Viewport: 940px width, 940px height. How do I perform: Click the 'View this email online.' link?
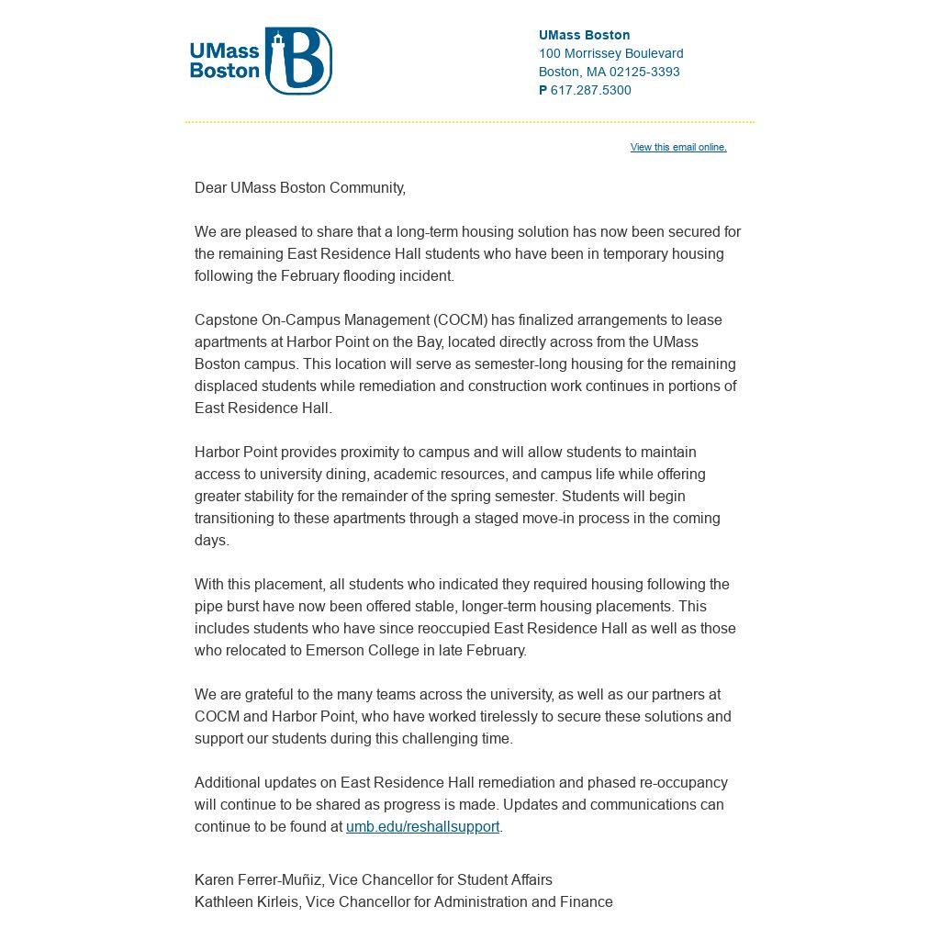coord(678,147)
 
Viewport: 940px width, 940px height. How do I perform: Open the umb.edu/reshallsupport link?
coord(422,826)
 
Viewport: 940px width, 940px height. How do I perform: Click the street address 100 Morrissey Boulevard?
coord(610,53)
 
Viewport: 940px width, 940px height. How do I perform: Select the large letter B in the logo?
coord(305,62)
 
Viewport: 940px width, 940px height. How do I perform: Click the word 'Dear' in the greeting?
coord(210,187)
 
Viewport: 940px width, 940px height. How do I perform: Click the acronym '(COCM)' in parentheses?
coord(461,319)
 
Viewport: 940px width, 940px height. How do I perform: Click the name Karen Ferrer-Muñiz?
coord(258,879)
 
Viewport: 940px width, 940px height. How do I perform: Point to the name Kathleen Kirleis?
coord(246,901)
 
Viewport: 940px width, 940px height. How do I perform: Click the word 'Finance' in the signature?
coord(587,901)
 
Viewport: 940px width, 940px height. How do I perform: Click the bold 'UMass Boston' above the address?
coord(584,35)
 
